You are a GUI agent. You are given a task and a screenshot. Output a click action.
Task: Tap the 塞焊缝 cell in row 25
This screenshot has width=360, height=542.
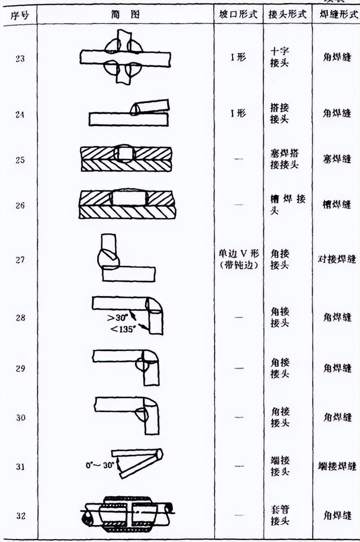(337, 159)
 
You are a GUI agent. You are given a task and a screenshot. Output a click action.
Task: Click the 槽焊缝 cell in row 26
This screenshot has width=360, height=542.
(337, 205)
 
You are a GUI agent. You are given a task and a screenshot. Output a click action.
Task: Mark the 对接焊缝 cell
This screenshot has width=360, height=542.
(337, 260)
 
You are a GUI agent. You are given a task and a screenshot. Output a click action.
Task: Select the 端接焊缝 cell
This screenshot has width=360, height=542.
(337, 466)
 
